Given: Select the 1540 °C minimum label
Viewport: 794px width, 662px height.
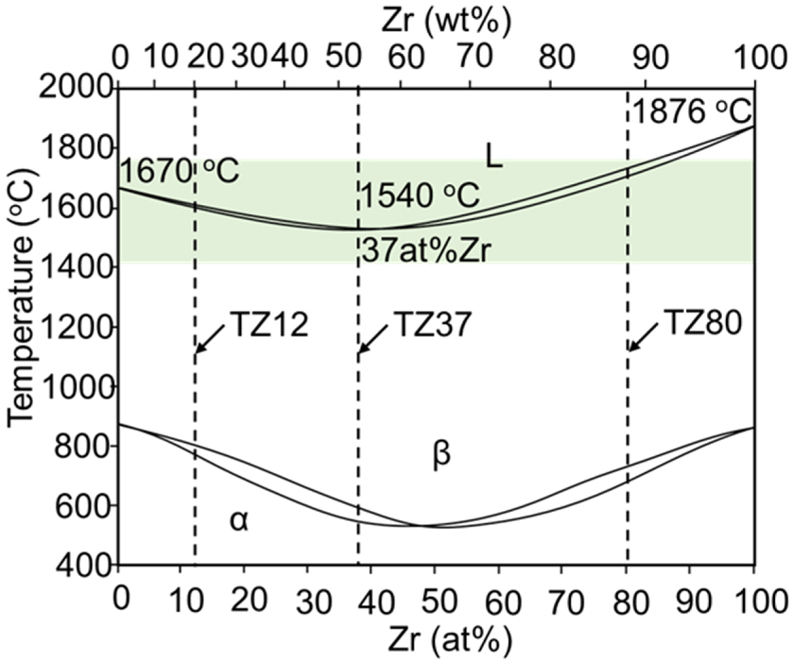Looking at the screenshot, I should click(x=421, y=196).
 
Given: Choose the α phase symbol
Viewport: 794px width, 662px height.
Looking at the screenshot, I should click(x=239, y=521).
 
